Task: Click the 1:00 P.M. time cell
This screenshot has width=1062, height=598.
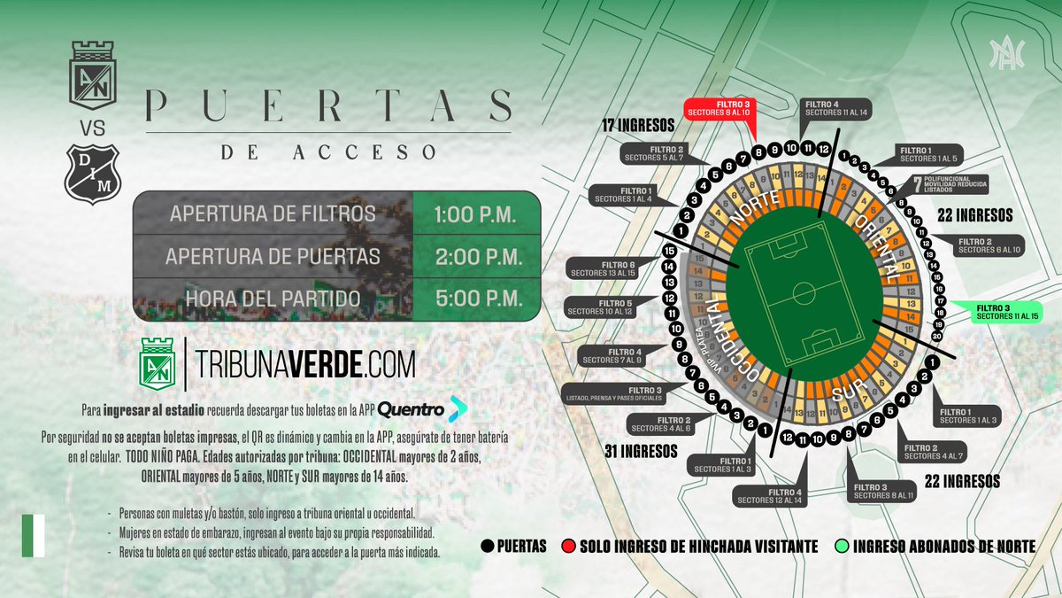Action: coord(476,214)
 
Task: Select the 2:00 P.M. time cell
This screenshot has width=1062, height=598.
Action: coord(476,257)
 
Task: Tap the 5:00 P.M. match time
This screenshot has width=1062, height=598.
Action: coord(476,299)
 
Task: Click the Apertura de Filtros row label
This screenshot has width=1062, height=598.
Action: coord(273,214)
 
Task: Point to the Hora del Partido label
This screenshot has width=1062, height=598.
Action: coord(273,299)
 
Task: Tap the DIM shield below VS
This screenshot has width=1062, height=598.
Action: coord(93,173)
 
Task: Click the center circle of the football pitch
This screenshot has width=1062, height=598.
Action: coord(804,292)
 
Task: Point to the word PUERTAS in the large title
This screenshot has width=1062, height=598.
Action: coord(327,106)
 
